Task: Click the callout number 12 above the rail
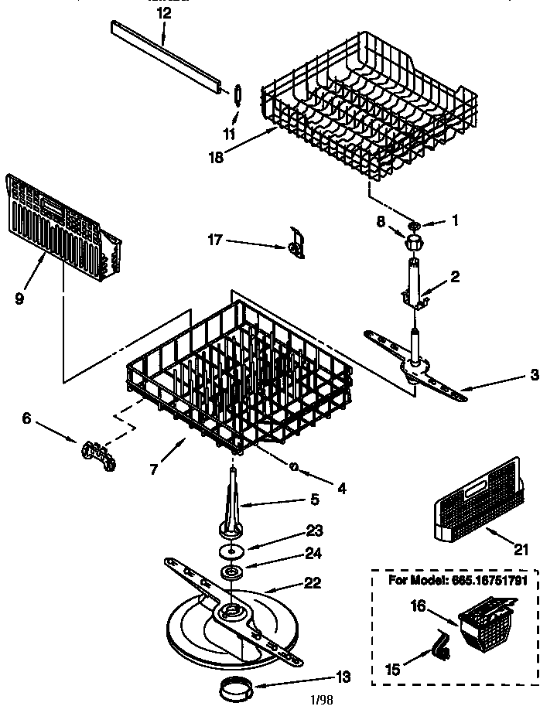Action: point(163,13)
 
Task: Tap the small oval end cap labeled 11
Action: point(238,94)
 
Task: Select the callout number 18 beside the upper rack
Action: point(216,157)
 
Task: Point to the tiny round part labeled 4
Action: point(295,466)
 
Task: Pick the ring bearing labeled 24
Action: point(231,573)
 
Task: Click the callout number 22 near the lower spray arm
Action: point(312,584)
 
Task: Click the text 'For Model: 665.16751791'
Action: point(452,581)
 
